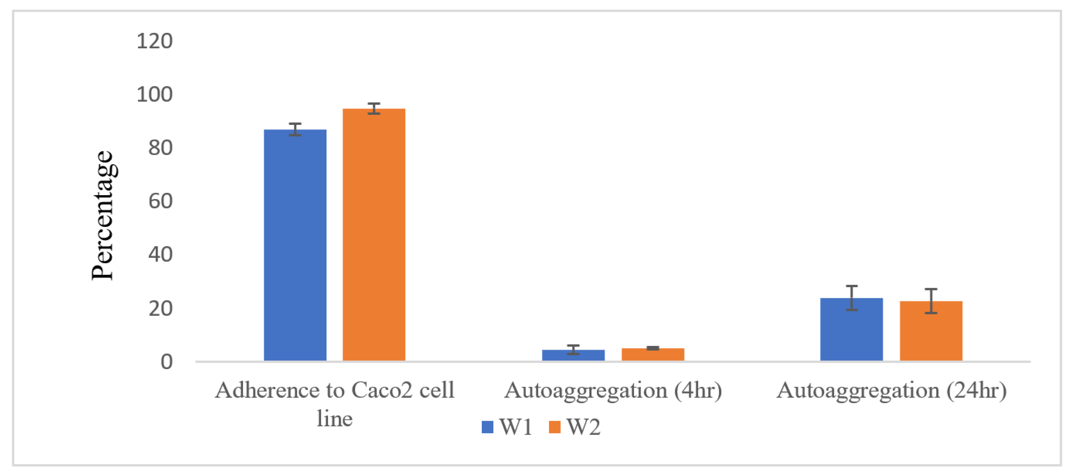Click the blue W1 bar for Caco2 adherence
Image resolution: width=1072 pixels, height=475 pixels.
(x=295, y=246)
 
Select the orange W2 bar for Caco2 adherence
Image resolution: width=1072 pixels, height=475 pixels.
(x=374, y=235)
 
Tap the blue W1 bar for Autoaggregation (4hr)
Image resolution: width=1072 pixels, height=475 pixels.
(x=573, y=355)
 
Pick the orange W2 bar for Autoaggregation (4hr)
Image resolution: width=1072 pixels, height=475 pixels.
(x=653, y=354)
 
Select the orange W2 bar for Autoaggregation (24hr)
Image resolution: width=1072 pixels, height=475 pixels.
(x=931, y=331)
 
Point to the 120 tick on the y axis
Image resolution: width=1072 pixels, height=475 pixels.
(x=154, y=41)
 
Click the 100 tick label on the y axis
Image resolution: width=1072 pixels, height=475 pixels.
(x=154, y=95)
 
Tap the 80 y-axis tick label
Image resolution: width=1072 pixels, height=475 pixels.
(x=160, y=148)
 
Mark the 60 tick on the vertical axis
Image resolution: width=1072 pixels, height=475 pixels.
(x=160, y=201)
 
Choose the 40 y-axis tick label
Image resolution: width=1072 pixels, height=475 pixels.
(x=160, y=254)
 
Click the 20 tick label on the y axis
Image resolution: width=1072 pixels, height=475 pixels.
(x=160, y=308)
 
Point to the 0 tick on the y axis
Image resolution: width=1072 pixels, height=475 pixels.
(x=167, y=362)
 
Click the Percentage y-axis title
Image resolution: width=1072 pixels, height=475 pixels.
(x=102, y=215)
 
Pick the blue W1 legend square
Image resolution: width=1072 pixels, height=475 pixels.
(x=487, y=427)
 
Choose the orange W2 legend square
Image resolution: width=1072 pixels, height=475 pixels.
(x=554, y=427)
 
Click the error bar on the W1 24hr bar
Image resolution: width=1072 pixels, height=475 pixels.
(x=851, y=298)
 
